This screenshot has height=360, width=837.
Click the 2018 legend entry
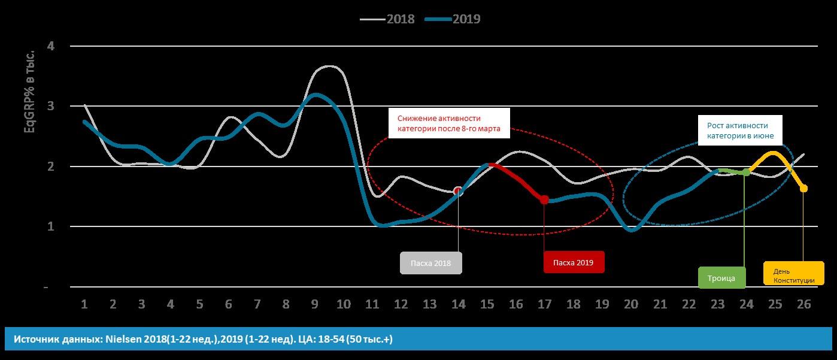pyautogui.click(x=388, y=19)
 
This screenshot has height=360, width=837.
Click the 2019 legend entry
pyautogui.click(x=453, y=19)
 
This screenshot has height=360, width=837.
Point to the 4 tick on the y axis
pyautogui.click(x=51, y=46)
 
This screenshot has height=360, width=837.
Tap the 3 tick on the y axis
pyautogui.click(x=51, y=106)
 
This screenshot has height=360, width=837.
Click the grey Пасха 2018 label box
pyautogui.click(x=431, y=263)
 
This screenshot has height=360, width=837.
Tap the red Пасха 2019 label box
pyautogui.click(x=574, y=262)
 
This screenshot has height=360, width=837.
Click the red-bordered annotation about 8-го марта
pyautogui.click(x=449, y=124)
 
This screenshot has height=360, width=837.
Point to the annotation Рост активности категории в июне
pyautogui.click(x=741, y=131)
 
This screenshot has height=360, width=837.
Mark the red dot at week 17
pyautogui.click(x=544, y=199)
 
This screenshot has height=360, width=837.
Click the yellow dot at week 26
pyautogui.click(x=803, y=189)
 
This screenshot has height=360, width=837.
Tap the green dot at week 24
pyautogui.click(x=746, y=173)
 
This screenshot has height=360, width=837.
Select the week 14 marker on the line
pyautogui.click(x=458, y=191)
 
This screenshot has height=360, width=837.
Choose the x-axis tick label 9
pyautogui.click(x=314, y=304)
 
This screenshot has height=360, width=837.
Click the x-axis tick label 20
pyautogui.click(x=631, y=304)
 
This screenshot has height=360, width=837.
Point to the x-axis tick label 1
pyautogui.click(x=84, y=304)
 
